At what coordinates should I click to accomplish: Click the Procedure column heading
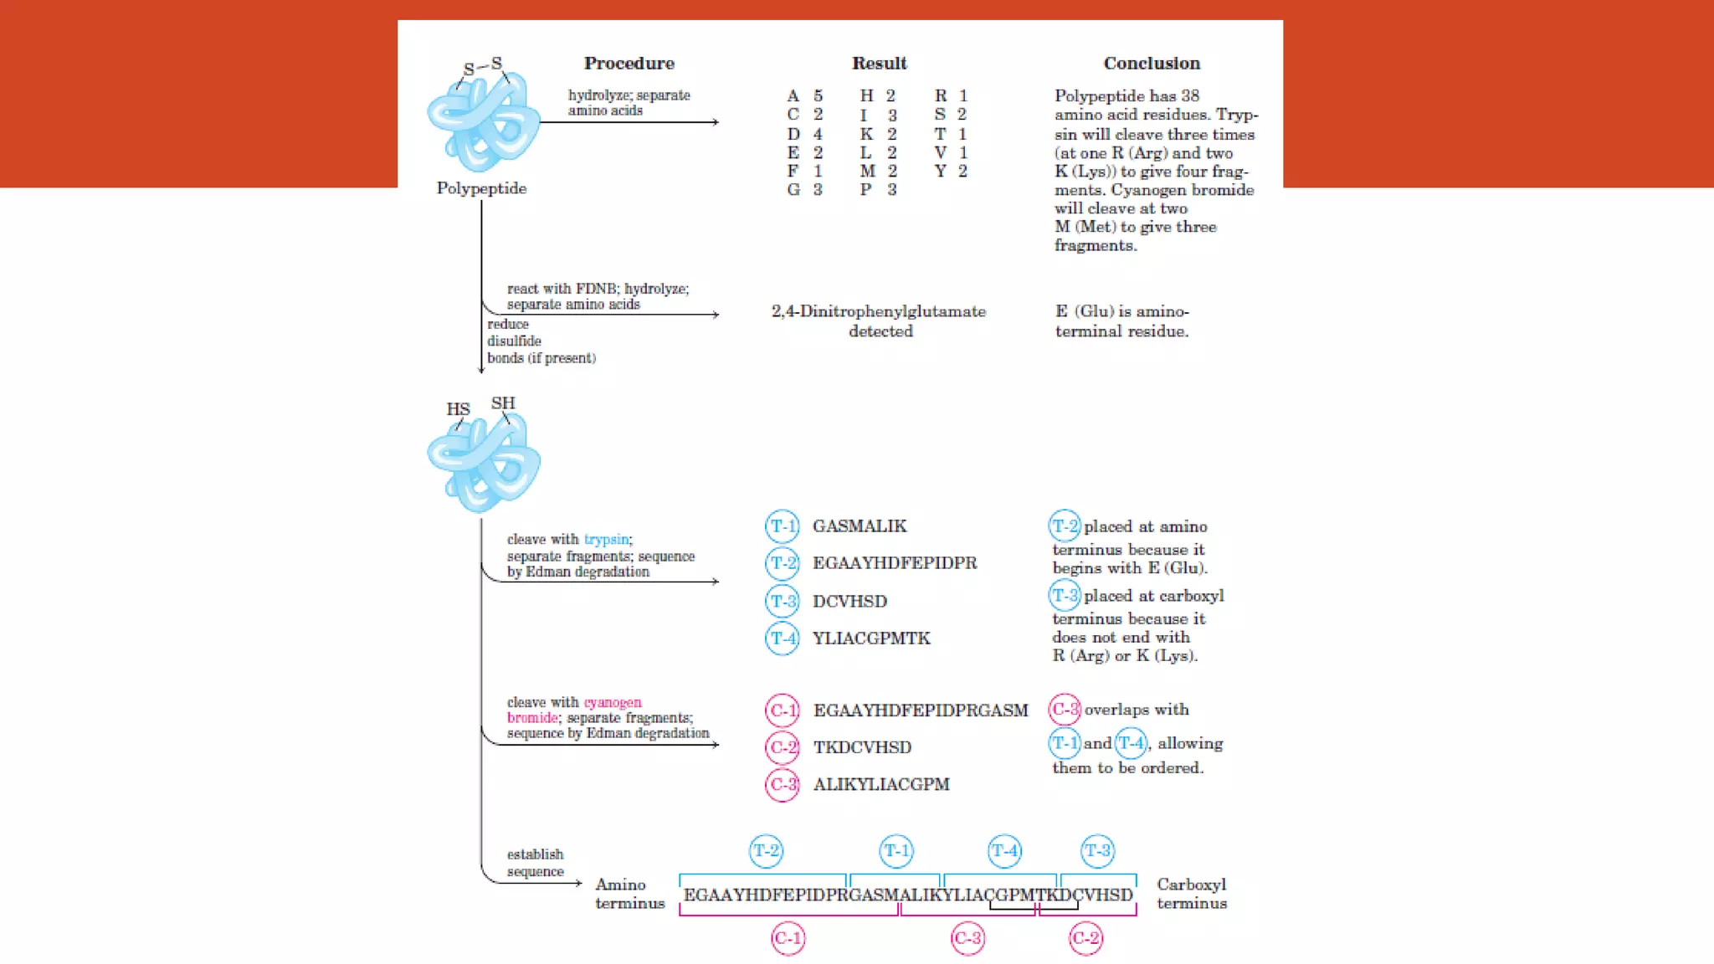point(629,64)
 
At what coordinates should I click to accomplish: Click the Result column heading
point(879,64)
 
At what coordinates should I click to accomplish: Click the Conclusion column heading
point(1151,64)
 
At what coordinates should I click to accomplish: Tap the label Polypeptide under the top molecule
point(481,188)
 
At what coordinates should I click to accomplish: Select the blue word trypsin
point(607,540)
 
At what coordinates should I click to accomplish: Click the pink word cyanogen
point(613,702)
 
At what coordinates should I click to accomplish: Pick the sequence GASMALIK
point(860,526)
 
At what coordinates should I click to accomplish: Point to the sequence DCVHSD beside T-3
point(849,602)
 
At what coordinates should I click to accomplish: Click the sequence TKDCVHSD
point(862,747)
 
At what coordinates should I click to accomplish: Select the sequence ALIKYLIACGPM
point(881,785)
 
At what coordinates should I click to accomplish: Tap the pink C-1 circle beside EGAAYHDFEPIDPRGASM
point(783,711)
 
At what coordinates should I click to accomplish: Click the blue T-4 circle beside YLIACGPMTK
point(783,638)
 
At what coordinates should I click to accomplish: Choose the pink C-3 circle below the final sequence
point(967,938)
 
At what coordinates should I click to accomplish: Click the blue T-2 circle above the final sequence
point(766,851)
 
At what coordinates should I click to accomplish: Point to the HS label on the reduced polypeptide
point(458,409)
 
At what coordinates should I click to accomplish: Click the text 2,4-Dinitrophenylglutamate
point(879,311)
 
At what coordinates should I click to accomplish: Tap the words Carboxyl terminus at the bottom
point(1192,894)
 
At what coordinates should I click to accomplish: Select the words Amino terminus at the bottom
point(629,894)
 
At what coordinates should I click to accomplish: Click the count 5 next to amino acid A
point(818,96)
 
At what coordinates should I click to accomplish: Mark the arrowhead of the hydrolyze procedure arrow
point(716,122)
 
